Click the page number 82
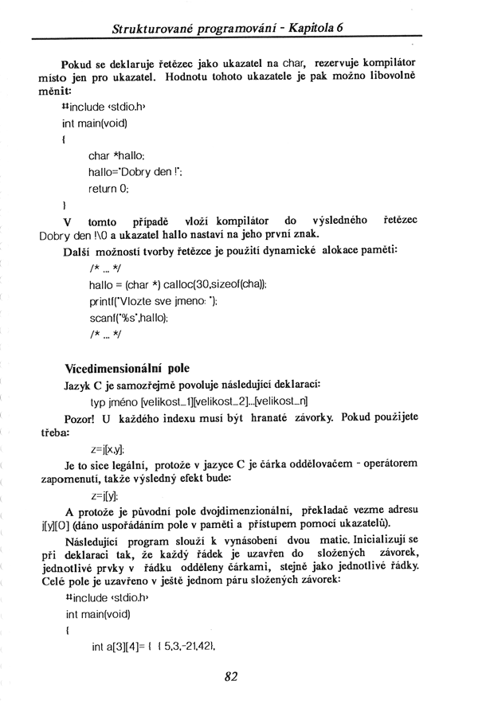[x=232, y=677]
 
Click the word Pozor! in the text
[x=80, y=418]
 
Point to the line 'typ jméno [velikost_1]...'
[x=200, y=401]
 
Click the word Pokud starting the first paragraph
[x=77, y=62]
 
